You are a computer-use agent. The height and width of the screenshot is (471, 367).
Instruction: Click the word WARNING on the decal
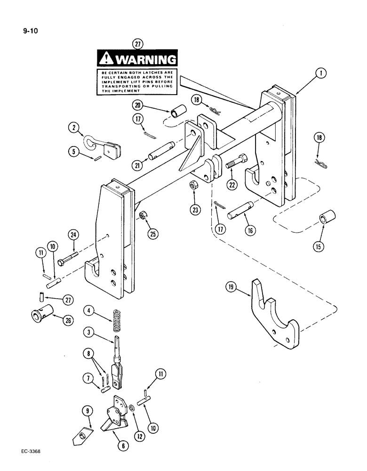145,60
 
